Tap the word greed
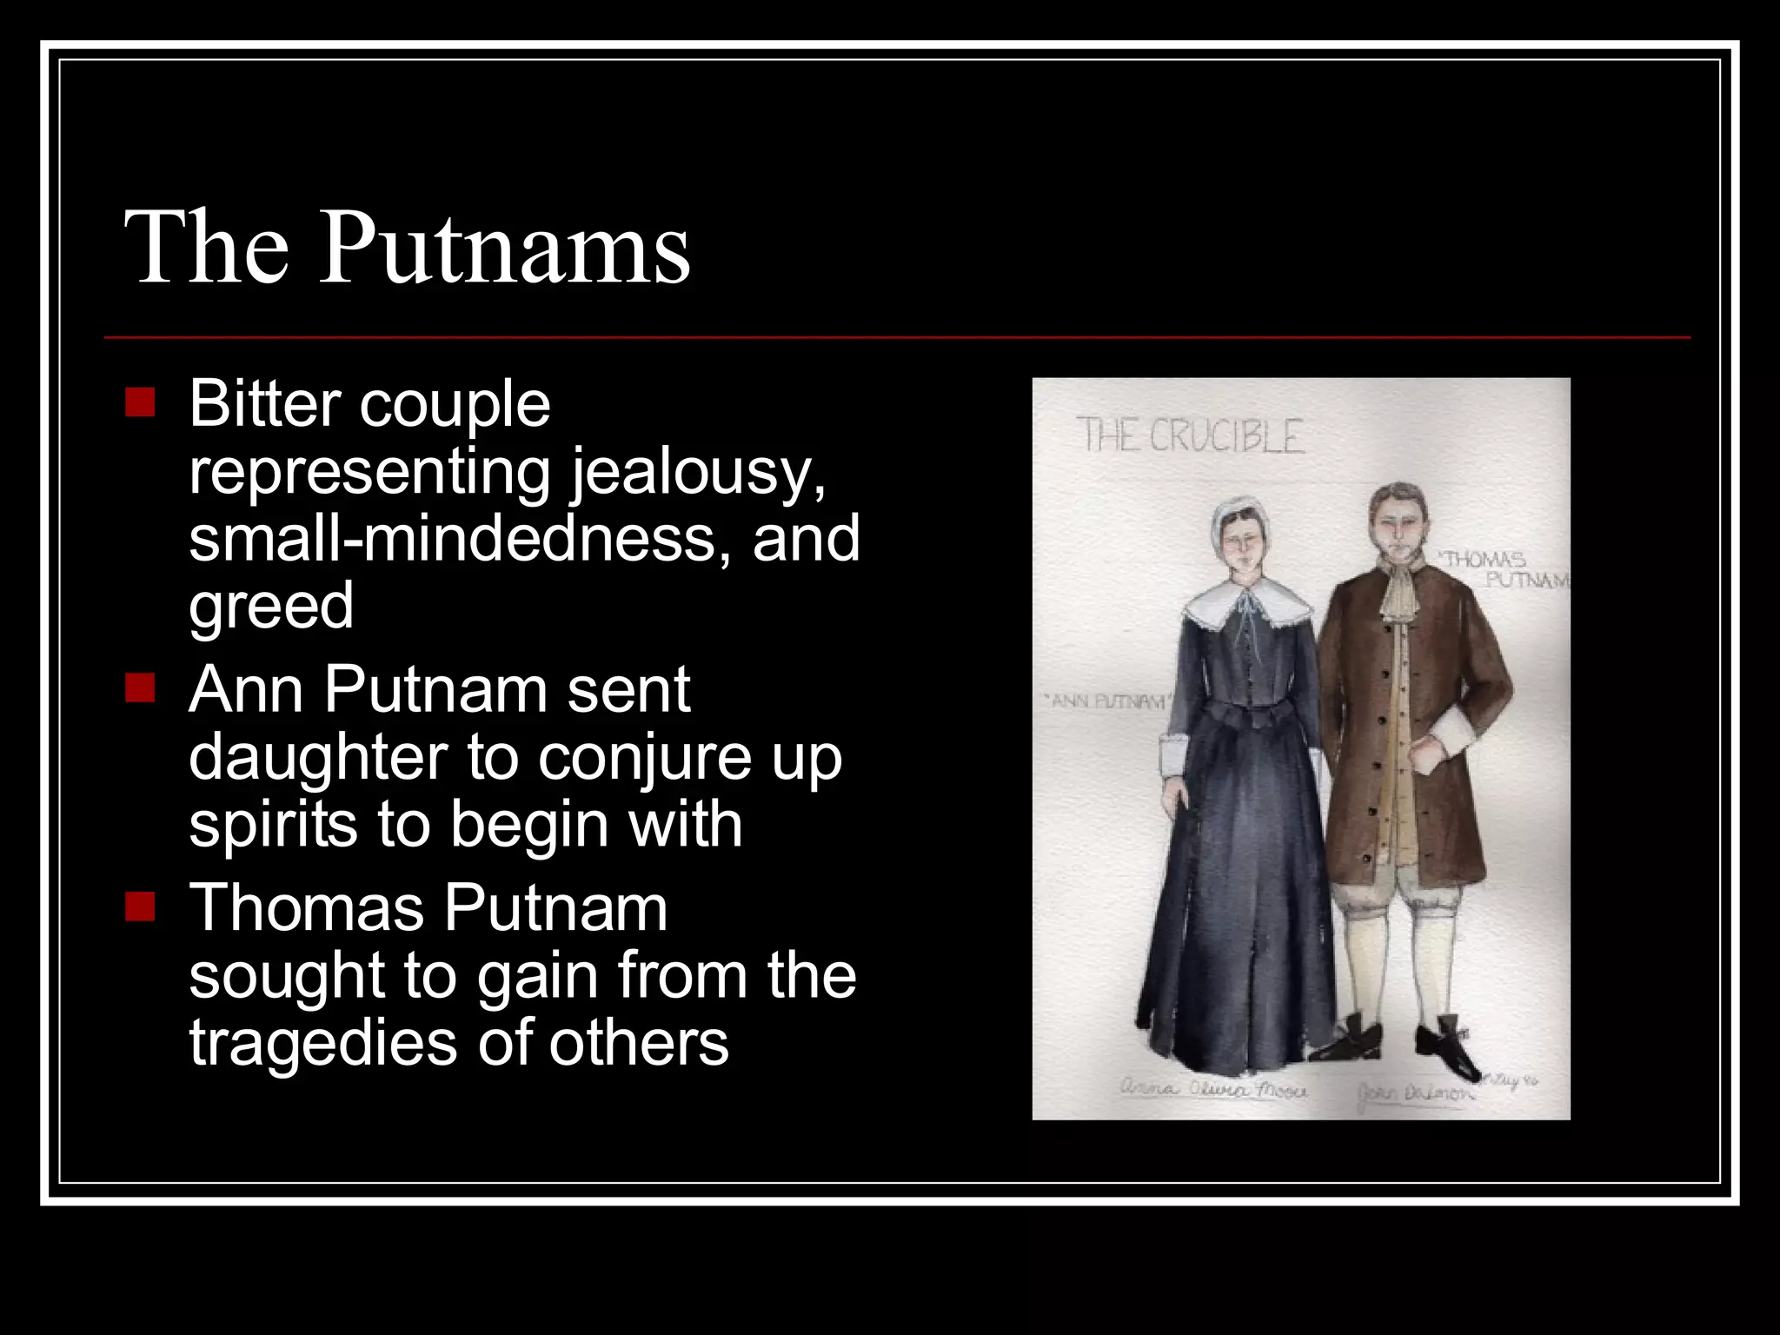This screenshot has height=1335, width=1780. pyautogui.click(x=271, y=606)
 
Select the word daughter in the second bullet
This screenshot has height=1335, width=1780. pyautogui.click(x=317, y=757)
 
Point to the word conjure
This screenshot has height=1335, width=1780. pyautogui.click(x=642, y=758)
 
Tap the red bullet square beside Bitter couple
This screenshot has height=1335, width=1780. pyautogui.click(x=140, y=402)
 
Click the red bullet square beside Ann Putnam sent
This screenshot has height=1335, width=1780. pyautogui.click(x=140, y=688)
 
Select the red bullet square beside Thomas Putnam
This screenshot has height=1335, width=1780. pyautogui.click(x=140, y=907)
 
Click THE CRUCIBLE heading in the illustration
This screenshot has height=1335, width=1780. pyautogui.click(x=1190, y=435)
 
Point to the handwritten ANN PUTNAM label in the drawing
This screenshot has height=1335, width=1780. pyautogui.click(x=1107, y=701)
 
